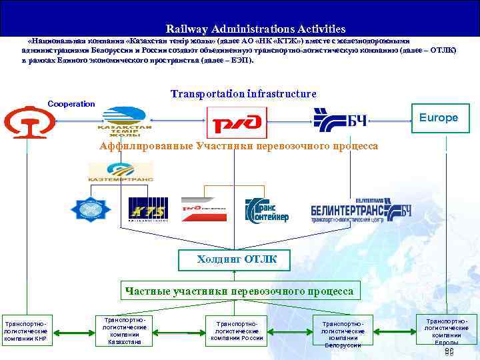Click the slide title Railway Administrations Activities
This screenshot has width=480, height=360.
[x=256, y=29]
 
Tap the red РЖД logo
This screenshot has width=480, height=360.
[x=237, y=123]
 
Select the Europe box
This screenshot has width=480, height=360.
[x=439, y=118]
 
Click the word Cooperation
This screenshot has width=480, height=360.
[x=71, y=104]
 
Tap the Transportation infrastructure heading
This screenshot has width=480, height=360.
[x=243, y=94]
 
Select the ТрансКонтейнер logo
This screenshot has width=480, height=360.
[x=267, y=209]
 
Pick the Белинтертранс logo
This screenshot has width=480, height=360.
[x=360, y=209]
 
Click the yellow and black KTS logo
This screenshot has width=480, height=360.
[x=148, y=210]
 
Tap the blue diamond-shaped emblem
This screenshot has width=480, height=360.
[x=93, y=209]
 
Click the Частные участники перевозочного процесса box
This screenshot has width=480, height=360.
[x=239, y=291]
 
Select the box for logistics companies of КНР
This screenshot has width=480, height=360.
[x=25, y=330]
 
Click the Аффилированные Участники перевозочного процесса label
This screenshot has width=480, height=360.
[x=239, y=146]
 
